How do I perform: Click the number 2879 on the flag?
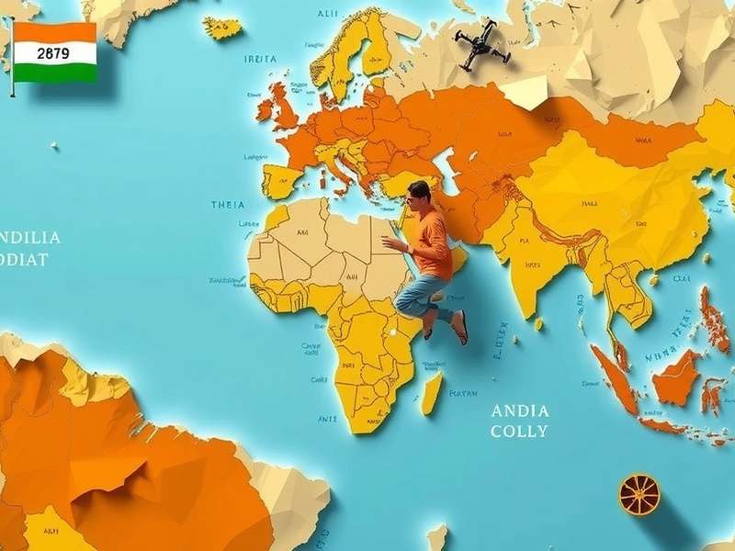(x=54, y=53)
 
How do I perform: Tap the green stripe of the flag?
(x=54, y=73)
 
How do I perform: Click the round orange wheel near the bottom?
(x=639, y=494)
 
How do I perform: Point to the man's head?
(x=419, y=196)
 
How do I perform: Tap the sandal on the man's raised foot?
(x=460, y=328)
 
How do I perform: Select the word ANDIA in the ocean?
(x=520, y=410)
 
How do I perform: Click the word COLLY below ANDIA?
(x=519, y=431)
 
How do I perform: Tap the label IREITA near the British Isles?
(x=260, y=59)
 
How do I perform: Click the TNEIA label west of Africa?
(x=228, y=205)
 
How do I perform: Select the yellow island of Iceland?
(x=222, y=28)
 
